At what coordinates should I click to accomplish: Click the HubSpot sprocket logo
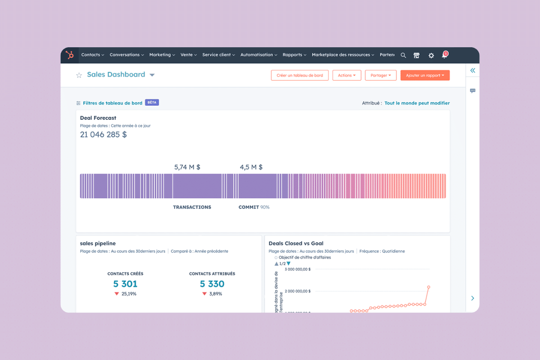(x=70, y=55)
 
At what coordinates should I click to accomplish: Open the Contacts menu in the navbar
(x=92, y=55)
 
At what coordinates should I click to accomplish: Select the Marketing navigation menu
(x=162, y=55)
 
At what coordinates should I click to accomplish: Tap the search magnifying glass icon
(x=403, y=55)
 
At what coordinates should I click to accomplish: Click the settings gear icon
(x=431, y=55)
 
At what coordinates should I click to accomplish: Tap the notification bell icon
(x=445, y=55)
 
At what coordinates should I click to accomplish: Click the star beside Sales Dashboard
(x=79, y=75)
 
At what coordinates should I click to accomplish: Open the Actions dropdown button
(x=346, y=76)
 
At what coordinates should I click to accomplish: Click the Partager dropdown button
(x=381, y=76)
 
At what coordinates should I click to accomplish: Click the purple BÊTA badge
(x=152, y=103)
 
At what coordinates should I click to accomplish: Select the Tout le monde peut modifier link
(x=417, y=103)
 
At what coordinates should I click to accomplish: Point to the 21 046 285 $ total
(x=103, y=135)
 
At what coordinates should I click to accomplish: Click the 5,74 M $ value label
(x=187, y=167)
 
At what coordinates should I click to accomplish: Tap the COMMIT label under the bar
(x=248, y=207)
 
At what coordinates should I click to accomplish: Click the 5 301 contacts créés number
(x=125, y=284)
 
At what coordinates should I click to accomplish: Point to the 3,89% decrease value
(x=216, y=294)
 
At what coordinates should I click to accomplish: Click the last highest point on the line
(x=428, y=287)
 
